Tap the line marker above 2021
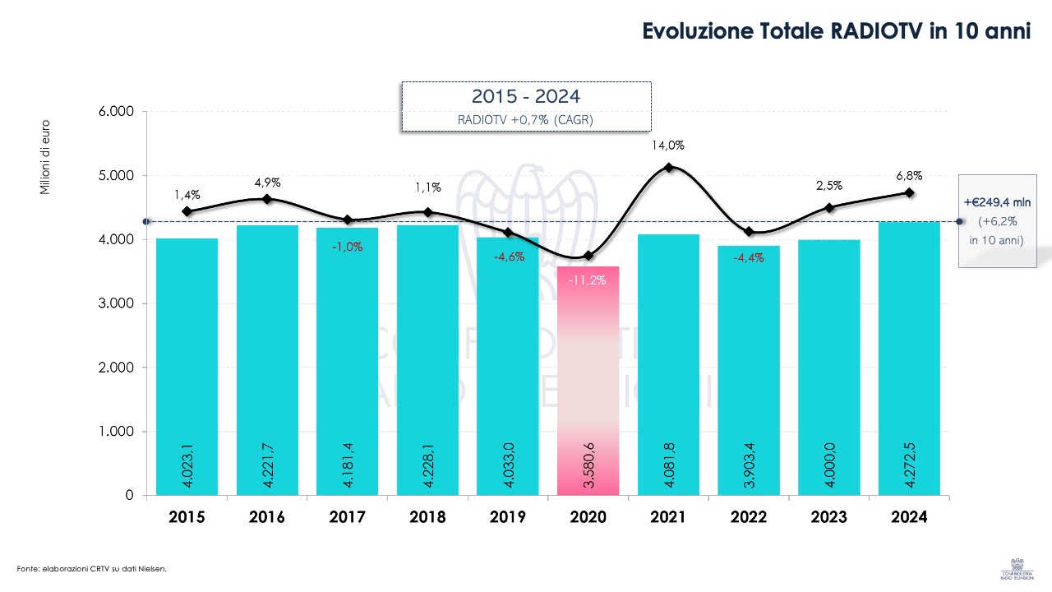tap(668, 168)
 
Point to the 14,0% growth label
tap(668, 146)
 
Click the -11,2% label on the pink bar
tap(588, 280)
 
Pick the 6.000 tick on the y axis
tap(116, 112)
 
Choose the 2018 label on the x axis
tap(427, 517)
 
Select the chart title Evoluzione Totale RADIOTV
tap(836, 31)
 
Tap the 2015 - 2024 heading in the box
tap(526, 97)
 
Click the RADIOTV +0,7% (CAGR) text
tap(526, 119)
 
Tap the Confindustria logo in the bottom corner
tap(1017, 567)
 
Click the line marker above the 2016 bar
tap(267, 199)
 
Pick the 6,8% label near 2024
tap(909, 175)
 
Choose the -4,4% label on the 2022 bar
tap(749, 257)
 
